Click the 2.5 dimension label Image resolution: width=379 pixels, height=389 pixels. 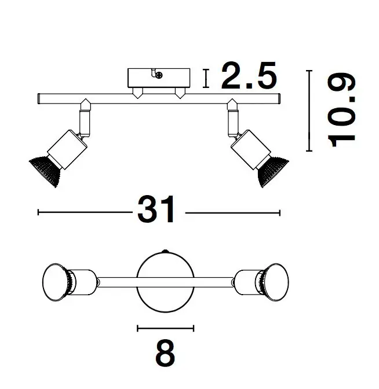pos(249,75)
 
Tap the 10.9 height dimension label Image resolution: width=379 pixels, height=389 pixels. pos(342,110)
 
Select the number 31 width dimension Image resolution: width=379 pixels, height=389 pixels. pos(156,210)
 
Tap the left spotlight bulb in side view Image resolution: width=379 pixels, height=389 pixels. pos(45,171)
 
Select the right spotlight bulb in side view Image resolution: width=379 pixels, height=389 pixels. pos(273,171)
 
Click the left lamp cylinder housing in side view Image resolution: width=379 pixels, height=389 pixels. pos(67,149)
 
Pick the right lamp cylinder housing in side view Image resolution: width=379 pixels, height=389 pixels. pos(250,149)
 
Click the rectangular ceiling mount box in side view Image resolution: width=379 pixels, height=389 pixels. pos(159,78)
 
